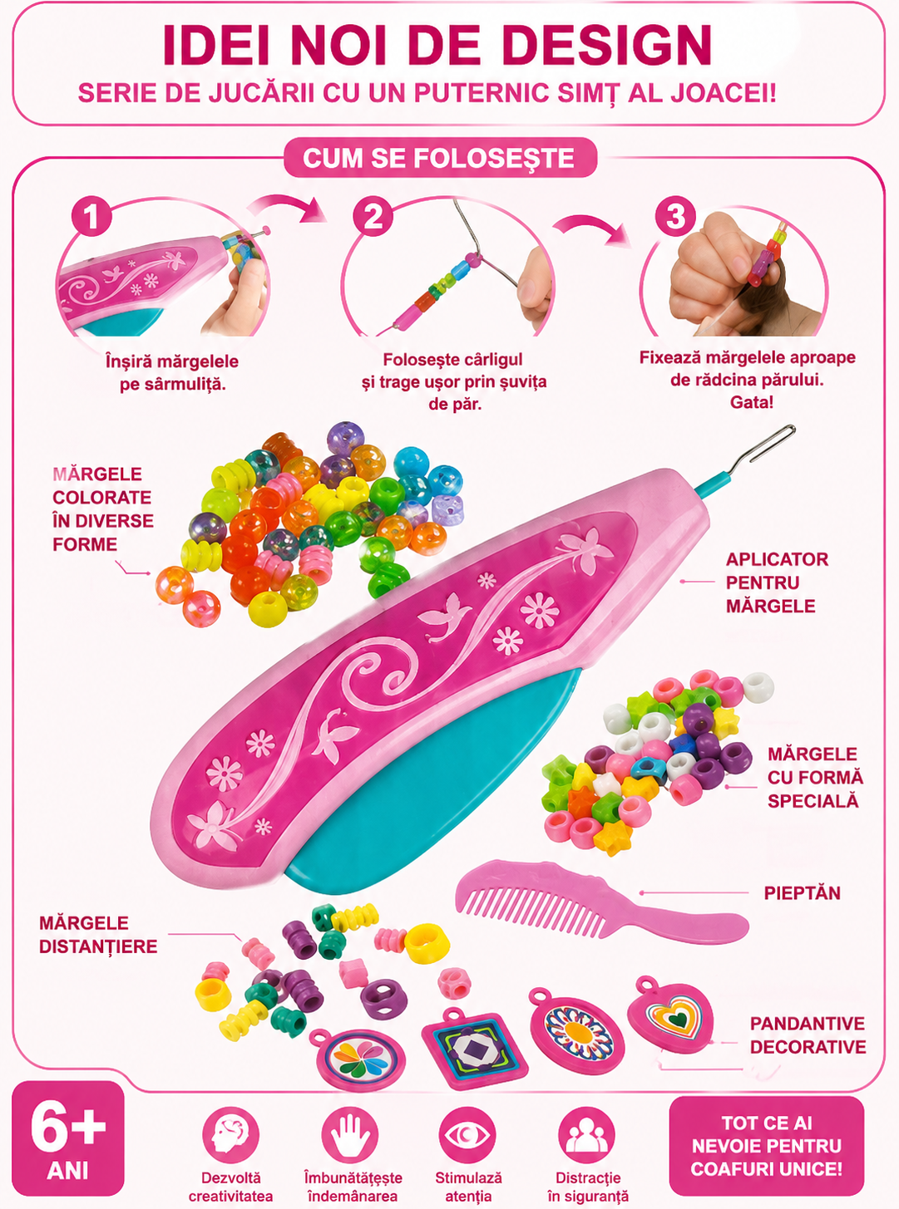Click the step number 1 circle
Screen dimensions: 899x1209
[x=91, y=216]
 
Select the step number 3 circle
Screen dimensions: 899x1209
[x=675, y=216]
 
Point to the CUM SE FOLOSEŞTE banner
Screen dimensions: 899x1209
[x=440, y=158]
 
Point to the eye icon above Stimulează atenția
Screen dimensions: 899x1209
[x=467, y=1134]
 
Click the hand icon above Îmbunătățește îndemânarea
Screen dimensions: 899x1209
[x=349, y=1134]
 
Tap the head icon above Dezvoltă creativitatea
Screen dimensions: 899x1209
[x=230, y=1134]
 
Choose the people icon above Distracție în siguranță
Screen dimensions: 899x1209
[x=586, y=1134]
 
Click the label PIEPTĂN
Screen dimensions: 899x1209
[x=802, y=893]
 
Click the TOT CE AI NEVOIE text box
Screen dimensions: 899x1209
[x=767, y=1145]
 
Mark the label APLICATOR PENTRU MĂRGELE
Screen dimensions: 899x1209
[x=777, y=582]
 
